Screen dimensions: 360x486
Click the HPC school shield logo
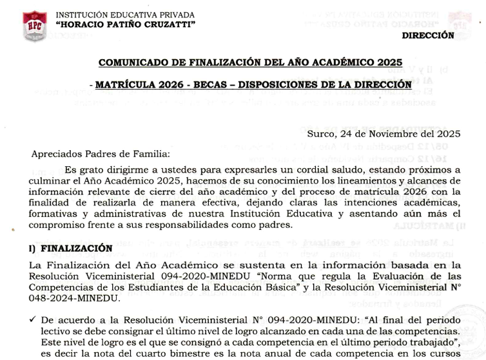pyautogui.click(x=34, y=26)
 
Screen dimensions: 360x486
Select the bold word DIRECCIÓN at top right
pyautogui.click(x=427, y=36)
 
